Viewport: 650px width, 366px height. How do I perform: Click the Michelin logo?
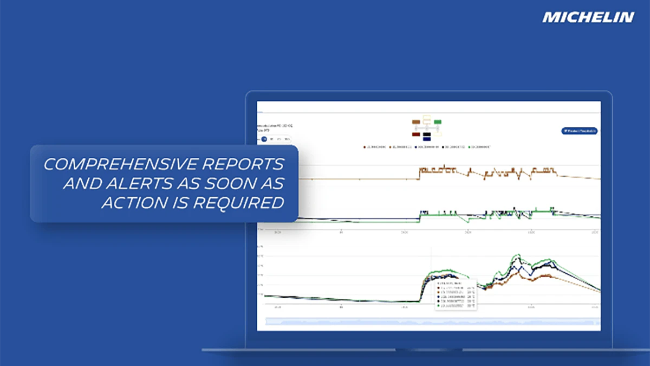(x=588, y=17)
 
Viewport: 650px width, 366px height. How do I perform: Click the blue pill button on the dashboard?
(x=579, y=131)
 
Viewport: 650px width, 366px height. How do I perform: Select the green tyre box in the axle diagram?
(x=438, y=122)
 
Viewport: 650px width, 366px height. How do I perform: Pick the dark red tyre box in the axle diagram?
(x=416, y=134)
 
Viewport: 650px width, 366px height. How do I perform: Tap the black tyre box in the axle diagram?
(x=427, y=134)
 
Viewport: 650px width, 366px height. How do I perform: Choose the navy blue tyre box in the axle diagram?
(x=427, y=139)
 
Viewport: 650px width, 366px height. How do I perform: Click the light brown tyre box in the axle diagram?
(x=416, y=122)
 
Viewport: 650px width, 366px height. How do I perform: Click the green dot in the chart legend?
(x=470, y=146)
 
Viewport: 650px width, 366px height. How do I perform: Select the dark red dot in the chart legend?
(x=365, y=146)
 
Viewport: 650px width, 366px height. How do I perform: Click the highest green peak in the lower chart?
(x=517, y=254)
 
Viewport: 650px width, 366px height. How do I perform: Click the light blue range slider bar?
(x=431, y=322)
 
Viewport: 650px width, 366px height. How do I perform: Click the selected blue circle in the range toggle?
(x=264, y=139)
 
